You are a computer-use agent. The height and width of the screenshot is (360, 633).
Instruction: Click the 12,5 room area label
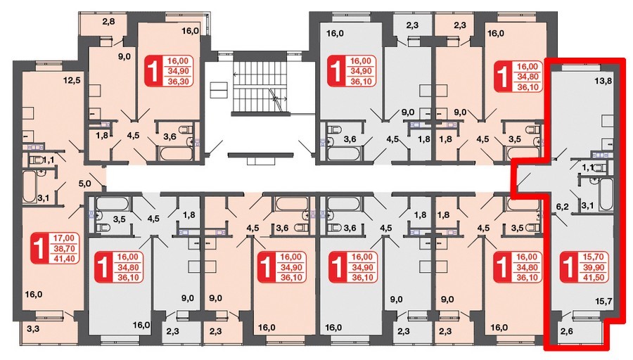pyautogui.click(x=72, y=80)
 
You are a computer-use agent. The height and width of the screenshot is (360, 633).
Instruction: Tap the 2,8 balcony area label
pyautogui.click(x=108, y=21)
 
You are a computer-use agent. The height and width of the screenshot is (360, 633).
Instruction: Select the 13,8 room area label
pyautogui.click(x=603, y=81)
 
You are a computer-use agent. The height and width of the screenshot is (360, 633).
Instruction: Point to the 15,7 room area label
pyautogui.click(x=604, y=301)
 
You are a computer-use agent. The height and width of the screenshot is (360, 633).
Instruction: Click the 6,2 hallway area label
pyautogui.click(x=563, y=207)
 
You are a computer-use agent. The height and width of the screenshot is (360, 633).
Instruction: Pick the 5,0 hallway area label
pyautogui.click(x=85, y=184)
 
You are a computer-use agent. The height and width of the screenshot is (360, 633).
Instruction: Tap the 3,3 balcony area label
pyautogui.click(x=33, y=328)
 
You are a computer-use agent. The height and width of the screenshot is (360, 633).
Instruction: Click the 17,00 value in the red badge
pyautogui.click(x=64, y=238)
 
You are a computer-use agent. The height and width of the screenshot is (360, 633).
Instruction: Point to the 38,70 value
pyautogui.click(x=64, y=248)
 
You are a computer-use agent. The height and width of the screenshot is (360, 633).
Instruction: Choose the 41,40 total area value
pyautogui.click(x=64, y=258)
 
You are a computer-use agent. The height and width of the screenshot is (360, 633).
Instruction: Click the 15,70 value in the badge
pyautogui.click(x=593, y=257)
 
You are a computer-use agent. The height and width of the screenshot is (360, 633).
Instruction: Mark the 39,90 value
pyautogui.click(x=593, y=266)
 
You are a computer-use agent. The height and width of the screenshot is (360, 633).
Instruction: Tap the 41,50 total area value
pyautogui.click(x=593, y=277)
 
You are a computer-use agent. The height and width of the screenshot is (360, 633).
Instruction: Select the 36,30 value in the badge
pyautogui.click(x=178, y=81)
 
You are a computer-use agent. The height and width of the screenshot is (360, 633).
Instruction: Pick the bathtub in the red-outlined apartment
pyautogui.click(x=605, y=194)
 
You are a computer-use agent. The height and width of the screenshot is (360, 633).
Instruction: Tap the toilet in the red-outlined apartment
pyautogui.click(x=600, y=167)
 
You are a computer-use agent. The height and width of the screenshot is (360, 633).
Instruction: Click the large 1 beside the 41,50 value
pyautogui.click(x=569, y=266)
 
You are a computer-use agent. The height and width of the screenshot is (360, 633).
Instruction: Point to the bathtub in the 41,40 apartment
pyautogui.click(x=30, y=187)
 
